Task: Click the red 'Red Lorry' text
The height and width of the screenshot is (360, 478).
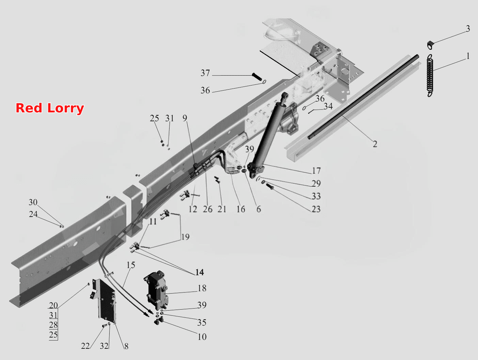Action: pyautogui.click(x=50, y=108)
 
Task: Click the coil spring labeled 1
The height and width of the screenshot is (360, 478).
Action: pyautogui.click(x=430, y=75)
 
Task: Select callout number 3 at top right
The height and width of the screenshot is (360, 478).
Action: pyautogui.click(x=468, y=29)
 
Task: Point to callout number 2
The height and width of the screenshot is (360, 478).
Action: pyautogui.click(x=375, y=144)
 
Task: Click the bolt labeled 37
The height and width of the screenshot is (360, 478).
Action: pyautogui.click(x=257, y=77)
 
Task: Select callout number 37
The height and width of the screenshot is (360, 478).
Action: pyautogui.click(x=205, y=73)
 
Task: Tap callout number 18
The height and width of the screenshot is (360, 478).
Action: pyautogui.click(x=202, y=288)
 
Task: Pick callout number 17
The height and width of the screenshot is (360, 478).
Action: pyautogui.click(x=316, y=171)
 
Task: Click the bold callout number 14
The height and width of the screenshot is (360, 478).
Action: pyautogui.click(x=200, y=272)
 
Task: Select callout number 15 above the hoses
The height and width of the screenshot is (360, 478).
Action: pyautogui.click(x=131, y=265)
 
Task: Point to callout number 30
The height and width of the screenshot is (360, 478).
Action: pyautogui.click(x=33, y=202)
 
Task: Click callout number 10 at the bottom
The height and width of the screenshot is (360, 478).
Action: pyautogui.click(x=202, y=337)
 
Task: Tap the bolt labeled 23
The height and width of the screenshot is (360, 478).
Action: pyautogui.click(x=270, y=186)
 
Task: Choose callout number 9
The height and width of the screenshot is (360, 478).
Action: pyautogui.click(x=185, y=118)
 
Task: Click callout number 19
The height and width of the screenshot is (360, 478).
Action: pyautogui.click(x=185, y=237)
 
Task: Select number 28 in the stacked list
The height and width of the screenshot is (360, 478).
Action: pyautogui.click(x=53, y=325)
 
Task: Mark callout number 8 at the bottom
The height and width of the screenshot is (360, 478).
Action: pyautogui.click(x=126, y=346)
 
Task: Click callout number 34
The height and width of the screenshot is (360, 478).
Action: pyautogui.click(x=328, y=106)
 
